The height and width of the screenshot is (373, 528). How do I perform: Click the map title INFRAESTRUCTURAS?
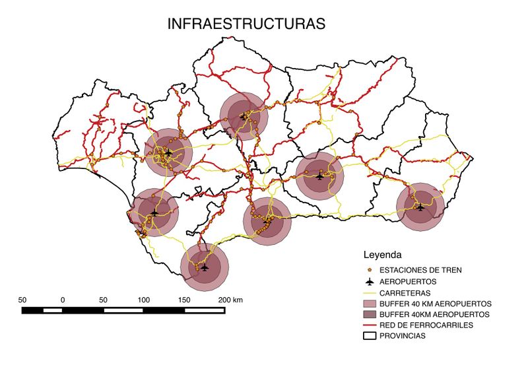tap(246, 24)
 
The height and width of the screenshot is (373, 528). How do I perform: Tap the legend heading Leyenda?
tap(383, 254)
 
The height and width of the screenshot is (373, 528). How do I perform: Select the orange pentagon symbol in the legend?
tap(369, 270)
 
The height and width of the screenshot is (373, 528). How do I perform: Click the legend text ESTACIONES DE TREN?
tap(422, 270)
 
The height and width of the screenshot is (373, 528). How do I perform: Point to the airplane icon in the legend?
tap(369, 281)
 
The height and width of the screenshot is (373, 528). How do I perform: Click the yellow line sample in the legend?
tap(369, 292)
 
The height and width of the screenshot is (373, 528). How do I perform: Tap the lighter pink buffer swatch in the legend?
tap(369, 303)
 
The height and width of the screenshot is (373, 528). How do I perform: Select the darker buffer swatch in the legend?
tap(369, 314)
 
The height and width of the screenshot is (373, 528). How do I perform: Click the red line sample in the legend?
tap(369, 325)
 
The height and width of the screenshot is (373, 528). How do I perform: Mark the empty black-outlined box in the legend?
tap(369, 337)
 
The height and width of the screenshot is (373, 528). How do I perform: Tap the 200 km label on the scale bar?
tap(231, 300)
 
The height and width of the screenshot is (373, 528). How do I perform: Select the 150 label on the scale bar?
tap(185, 300)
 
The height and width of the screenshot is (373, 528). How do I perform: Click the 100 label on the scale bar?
tap(144, 300)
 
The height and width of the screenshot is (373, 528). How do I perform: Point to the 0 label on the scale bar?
tap(63, 300)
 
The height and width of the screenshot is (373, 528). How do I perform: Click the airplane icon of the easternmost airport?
tap(420, 206)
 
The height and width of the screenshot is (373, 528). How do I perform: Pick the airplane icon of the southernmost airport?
tap(205, 267)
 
